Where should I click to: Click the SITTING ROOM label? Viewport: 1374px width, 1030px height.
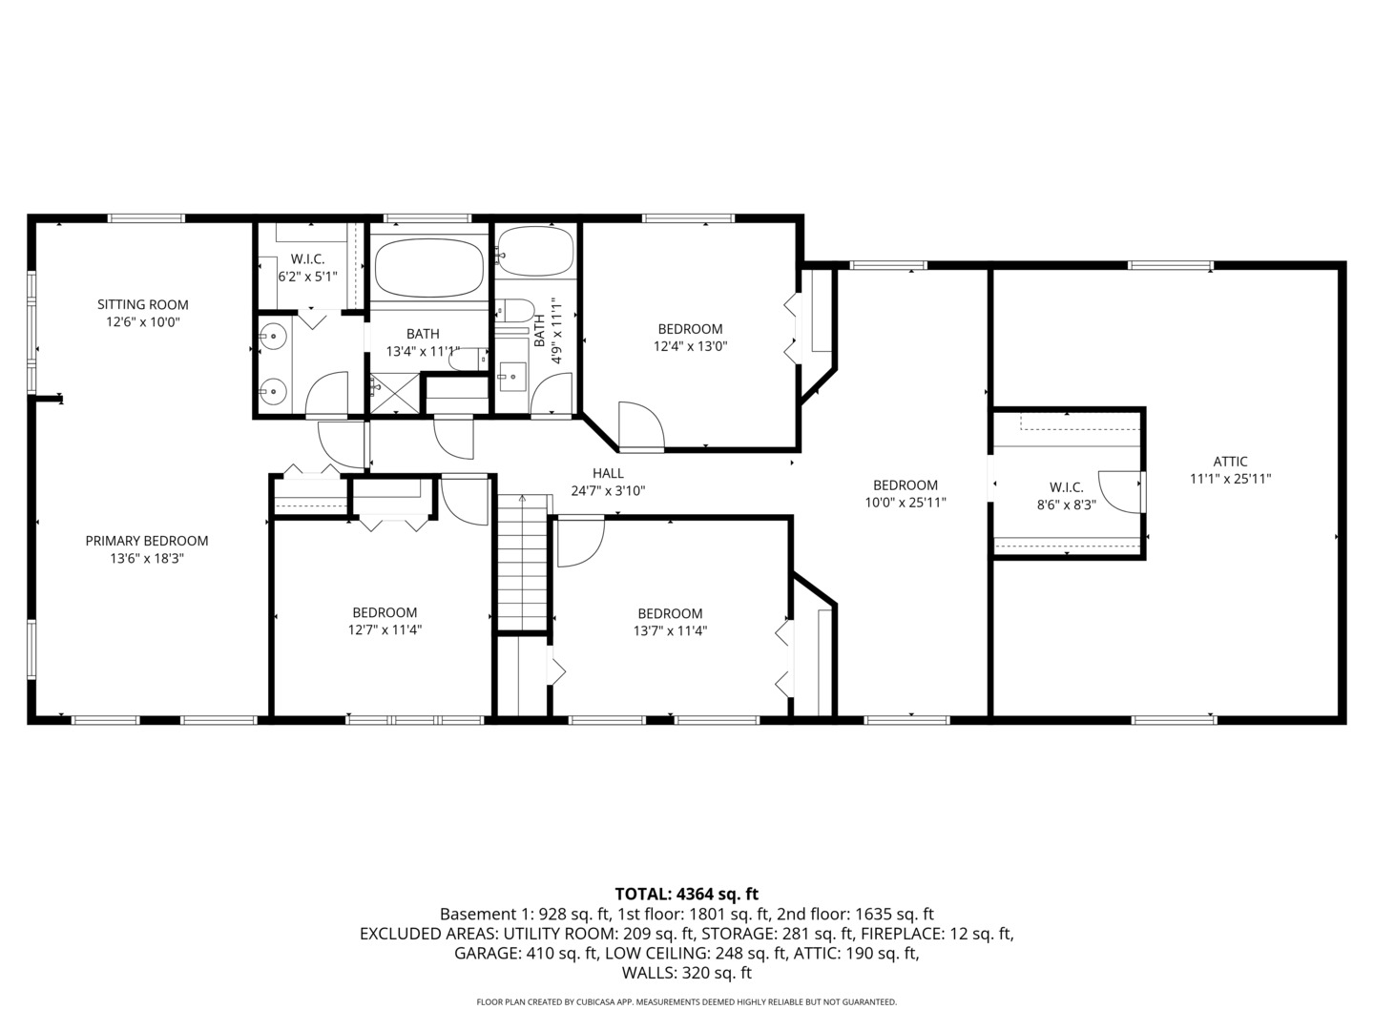pyautogui.click(x=143, y=305)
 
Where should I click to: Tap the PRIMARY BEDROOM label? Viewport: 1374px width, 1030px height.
pyautogui.click(x=147, y=541)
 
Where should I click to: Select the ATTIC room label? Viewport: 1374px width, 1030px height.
pyautogui.click(x=1230, y=462)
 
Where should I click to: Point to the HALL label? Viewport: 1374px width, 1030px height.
pyautogui.click(x=608, y=473)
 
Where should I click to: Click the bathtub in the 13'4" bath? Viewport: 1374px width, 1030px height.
pyautogui.click(x=427, y=268)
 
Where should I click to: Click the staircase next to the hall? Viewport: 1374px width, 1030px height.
pyautogui.click(x=523, y=563)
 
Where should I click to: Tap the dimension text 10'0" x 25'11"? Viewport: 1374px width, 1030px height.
pyautogui.click(x=905, y=503)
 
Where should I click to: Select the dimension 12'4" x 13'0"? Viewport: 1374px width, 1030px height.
pyautogui.click(x=690, y=347)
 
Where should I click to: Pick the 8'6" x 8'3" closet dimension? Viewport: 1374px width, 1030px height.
pyautogui.click(x=1066, y=505)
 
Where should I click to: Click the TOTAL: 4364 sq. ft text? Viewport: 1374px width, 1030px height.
pyautogui.click(x=686, y=894)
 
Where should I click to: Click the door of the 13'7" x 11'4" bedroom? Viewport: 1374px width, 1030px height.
pyautogui.click(x=579, y=541)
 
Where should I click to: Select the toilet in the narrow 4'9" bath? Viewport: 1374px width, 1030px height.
pyautogui.click(x=516, y=311)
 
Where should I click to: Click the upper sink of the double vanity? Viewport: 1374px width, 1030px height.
pyautogui.click(x=274, y=336)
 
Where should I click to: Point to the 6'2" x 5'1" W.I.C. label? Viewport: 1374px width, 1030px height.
pyautogui.click(x=307, y=268)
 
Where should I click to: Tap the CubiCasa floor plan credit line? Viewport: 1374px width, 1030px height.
pyautogui.click(x=686, y=1002)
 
